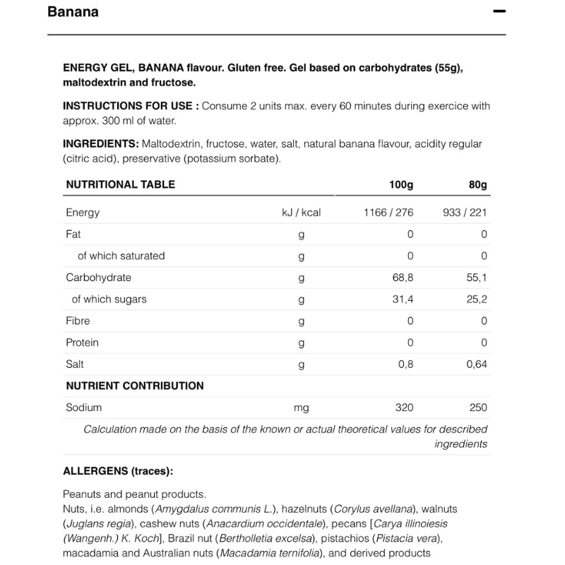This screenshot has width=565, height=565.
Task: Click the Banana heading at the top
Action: click(73, 12)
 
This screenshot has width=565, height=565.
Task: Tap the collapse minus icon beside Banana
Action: click(499, 12)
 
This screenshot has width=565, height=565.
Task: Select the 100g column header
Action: click(401, 184)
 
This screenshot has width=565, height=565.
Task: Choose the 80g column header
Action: click(478, 184)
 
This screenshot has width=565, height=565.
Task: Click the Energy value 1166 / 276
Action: click(388, 213)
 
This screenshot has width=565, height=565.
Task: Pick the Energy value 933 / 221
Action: click(465, 213)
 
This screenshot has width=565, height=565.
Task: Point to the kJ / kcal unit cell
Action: click(302, 213)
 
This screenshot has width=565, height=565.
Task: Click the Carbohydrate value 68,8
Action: click(403, 278)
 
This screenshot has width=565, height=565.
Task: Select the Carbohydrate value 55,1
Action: click(477, 278)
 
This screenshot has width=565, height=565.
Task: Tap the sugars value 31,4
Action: click(403, 299)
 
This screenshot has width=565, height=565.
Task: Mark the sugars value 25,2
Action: click(477, 299)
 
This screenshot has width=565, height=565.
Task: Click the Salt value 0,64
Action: click(477, 364)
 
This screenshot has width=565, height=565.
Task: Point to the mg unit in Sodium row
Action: click(302, 408)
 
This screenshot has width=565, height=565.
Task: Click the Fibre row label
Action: click(78, 321)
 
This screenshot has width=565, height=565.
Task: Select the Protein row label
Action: click(82, 343)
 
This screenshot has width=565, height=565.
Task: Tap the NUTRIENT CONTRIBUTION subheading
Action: click(135, 386)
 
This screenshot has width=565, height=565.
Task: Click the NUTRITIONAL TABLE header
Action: click(120, 184)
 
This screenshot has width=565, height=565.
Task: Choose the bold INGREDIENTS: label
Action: click(100, 143)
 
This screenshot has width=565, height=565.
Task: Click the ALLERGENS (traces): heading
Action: click(118, 471)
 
